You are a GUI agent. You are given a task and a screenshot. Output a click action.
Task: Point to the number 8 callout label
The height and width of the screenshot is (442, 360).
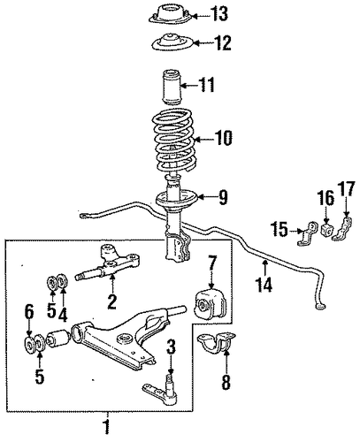[225, 382]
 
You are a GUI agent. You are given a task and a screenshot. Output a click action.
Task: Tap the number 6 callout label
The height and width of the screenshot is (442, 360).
[29, 312]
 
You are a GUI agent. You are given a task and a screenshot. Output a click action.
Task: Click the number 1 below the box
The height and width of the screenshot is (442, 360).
[109, 431]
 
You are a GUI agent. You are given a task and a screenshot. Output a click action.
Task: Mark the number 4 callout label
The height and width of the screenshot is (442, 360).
[63, 312]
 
